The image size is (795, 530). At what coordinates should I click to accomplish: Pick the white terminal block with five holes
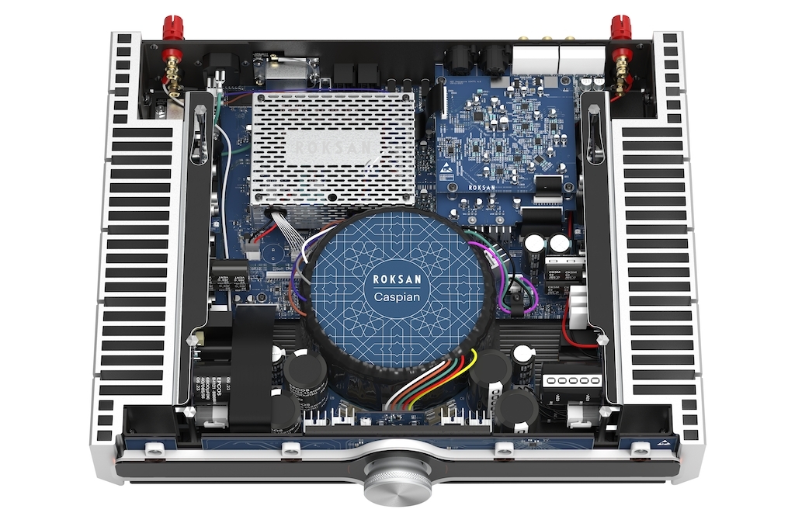571,380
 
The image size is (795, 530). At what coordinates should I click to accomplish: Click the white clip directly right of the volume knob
503,448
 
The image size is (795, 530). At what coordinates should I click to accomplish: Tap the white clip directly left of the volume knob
290,448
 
